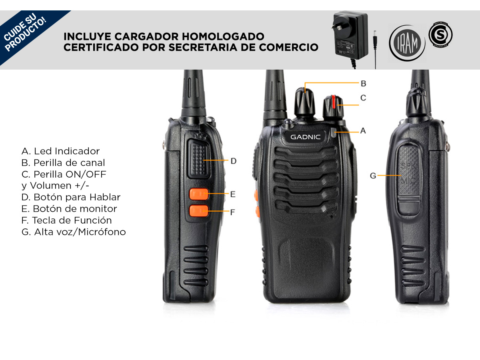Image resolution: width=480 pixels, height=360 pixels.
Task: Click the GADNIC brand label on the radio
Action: click(x=305, y=137)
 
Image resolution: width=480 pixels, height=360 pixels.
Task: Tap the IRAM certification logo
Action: click(x=407, y=43)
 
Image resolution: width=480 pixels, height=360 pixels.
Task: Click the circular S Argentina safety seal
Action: click(x=440, y=34)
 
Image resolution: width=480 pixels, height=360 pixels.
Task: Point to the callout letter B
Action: click(x=364, y=84)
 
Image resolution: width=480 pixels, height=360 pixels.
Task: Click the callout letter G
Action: click(x=373, y=176)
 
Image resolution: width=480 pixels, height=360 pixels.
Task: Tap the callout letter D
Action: click(x=234, y=161)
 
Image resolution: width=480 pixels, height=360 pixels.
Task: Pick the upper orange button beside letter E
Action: click(x=199, y=194)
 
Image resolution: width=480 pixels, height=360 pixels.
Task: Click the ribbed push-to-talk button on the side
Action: click(x=199, y=159)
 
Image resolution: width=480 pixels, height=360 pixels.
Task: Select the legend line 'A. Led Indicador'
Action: click(x=60, y=151)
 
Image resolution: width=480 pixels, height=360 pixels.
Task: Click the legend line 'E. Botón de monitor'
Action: click(x=69, y=209)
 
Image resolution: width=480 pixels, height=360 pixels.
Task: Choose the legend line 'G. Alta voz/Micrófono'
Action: click(x=74, y=232)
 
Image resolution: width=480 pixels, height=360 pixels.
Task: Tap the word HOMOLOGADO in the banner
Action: click(x=223, y=36)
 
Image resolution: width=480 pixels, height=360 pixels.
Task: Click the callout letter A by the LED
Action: click(x=363, y=131)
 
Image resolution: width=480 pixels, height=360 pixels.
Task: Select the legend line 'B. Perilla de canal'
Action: click(x=63, y=163)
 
